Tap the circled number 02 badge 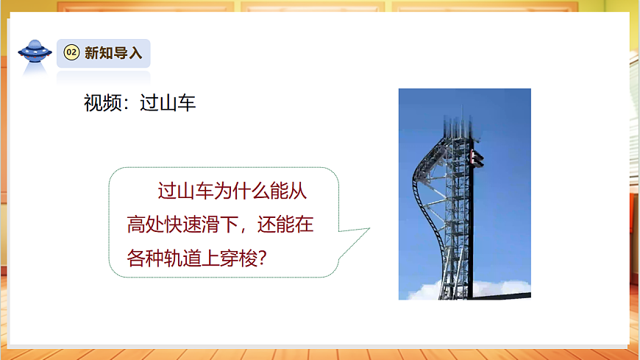tap(71, 53)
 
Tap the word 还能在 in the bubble tap(288, 225)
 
